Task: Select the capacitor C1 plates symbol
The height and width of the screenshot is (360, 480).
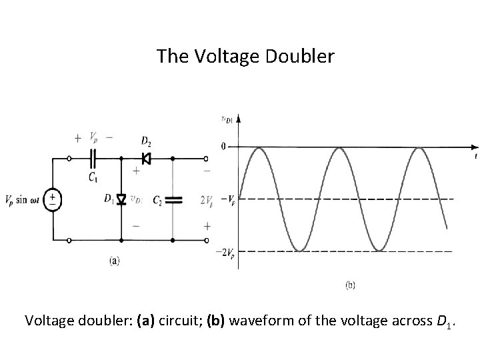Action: click(x=94, y=159)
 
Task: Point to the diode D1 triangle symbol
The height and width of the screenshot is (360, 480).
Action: click(x=121, y=199)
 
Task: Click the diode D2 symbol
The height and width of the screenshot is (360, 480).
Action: click(x=146, y=159)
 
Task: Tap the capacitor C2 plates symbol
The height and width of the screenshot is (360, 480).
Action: click(x=173, y=199)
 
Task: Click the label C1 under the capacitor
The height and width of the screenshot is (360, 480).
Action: click(x=93, y=177)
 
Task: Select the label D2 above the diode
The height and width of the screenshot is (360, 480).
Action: click(x=146, y=141)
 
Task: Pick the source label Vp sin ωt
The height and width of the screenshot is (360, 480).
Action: click(x=24, y=199)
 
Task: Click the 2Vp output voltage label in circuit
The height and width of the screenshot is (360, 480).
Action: click(x=207, y=200)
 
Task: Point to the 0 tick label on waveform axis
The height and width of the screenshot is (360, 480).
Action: click(x=223, y=146)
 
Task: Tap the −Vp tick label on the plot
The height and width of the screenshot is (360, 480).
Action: click(x=227, y=199)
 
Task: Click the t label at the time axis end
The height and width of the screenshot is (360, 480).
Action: click(x=475, y=157)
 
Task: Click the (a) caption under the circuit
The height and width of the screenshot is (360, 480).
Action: click(x=114, y=261)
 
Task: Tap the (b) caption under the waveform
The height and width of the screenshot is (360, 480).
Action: click(x=349, y=285)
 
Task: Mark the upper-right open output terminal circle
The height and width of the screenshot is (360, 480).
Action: click(x=206, y=159)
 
